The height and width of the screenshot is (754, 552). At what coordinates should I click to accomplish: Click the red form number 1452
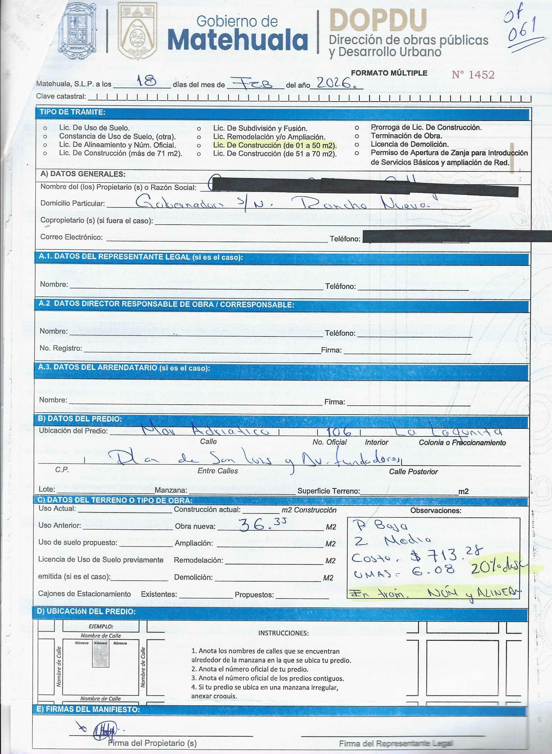(x=473, y=75)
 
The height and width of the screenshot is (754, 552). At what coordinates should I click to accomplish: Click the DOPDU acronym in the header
(x=378, y=21)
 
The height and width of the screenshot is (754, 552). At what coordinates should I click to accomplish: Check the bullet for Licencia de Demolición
(x=357, y=144)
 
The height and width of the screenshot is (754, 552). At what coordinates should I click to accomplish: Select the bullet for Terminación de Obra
(x=357, y=136)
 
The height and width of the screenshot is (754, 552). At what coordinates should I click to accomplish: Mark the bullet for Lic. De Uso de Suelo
(x=45, y=128)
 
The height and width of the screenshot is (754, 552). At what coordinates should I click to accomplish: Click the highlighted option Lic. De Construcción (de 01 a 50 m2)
(x=275, y=145)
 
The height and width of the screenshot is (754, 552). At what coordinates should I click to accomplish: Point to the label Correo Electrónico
(x=71, y=237)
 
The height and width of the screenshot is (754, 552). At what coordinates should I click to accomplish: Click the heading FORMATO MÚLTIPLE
(x=389, y=73)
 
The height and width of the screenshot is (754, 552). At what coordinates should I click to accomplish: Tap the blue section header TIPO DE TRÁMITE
(x=72, y=112)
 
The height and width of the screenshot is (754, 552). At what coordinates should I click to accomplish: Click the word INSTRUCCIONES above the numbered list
(x=283, y=633)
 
